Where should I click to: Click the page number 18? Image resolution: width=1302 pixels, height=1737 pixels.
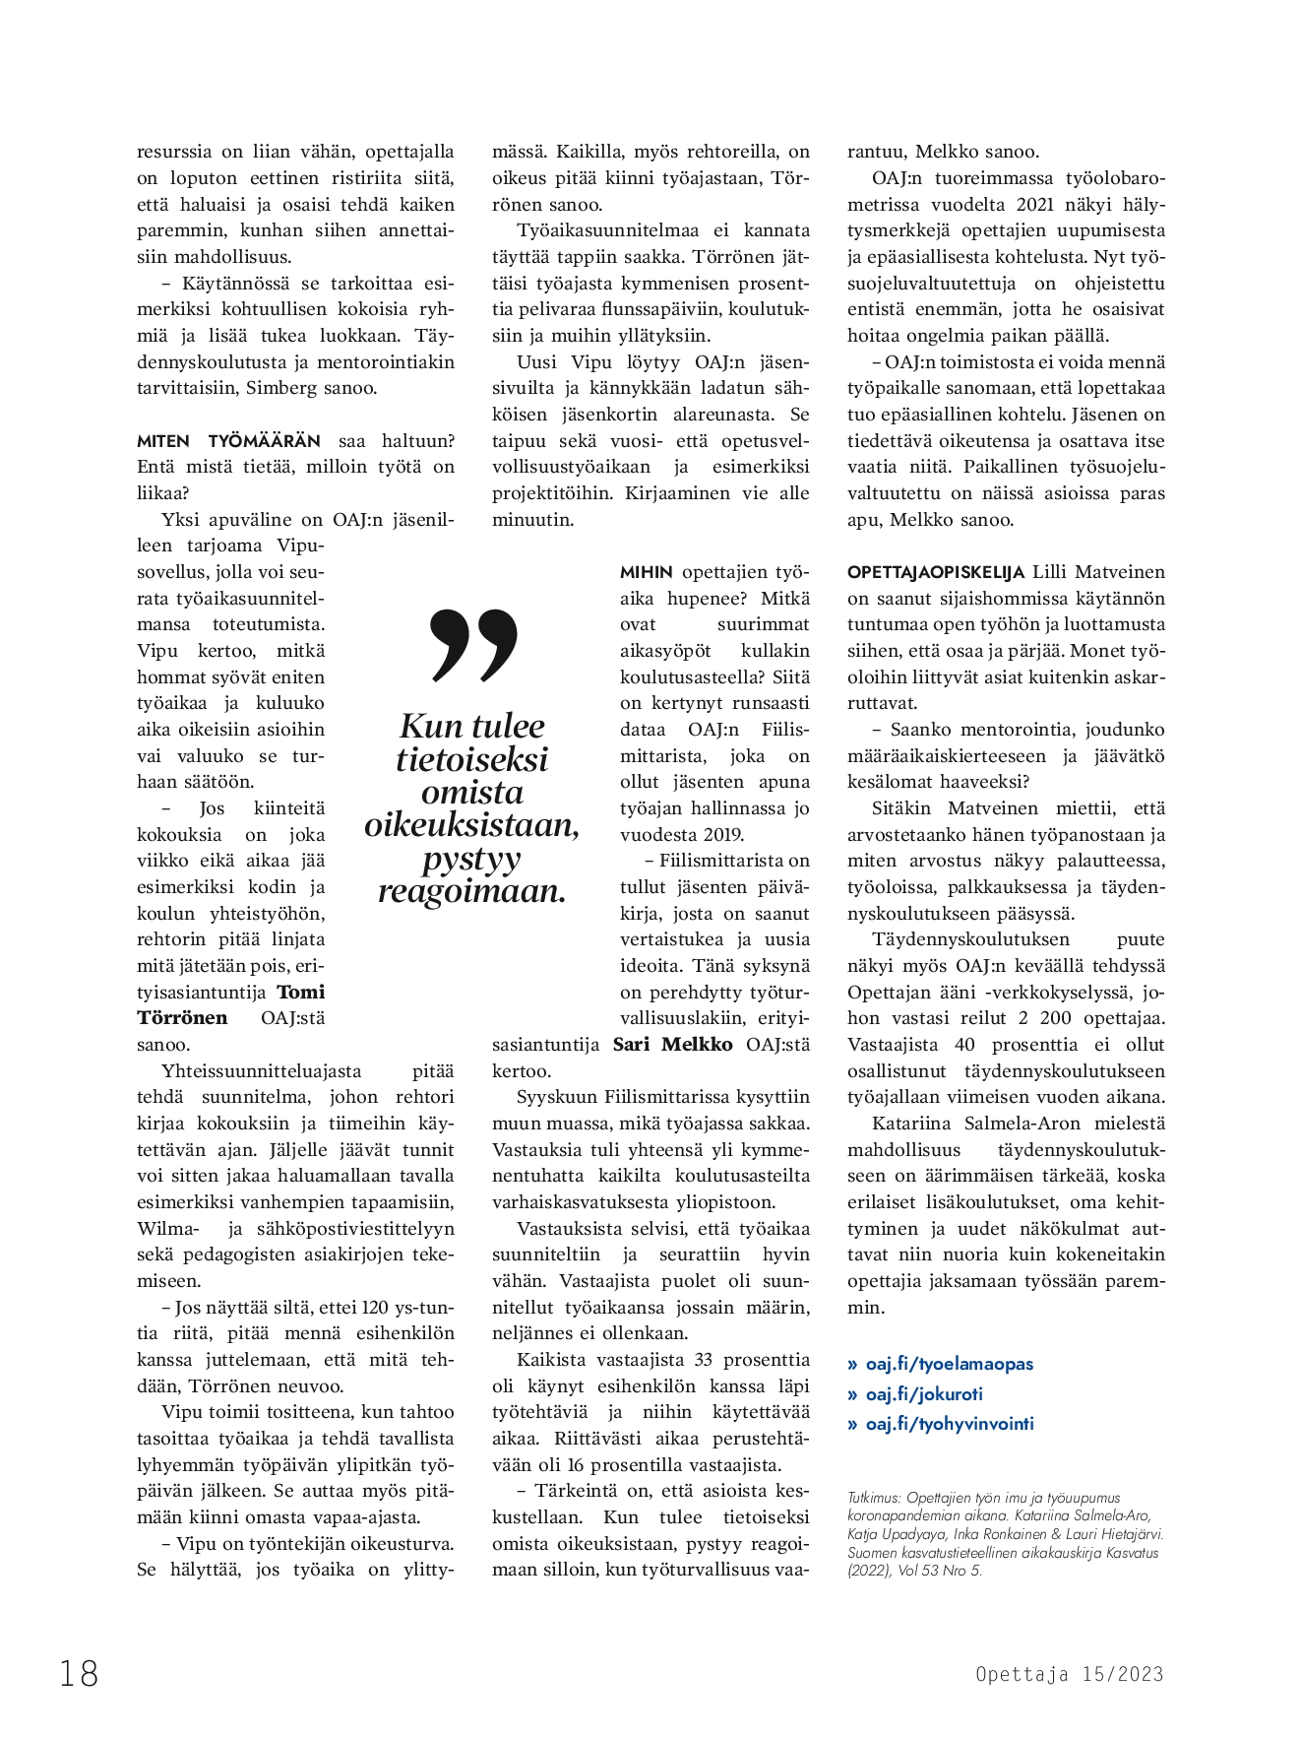[x=80, y=1673]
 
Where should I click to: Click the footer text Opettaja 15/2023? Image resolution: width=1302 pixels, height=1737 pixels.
[x=1070, y=1674]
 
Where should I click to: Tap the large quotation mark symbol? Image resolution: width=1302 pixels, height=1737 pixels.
[x=473, y=645]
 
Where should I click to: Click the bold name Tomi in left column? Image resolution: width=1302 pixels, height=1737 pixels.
[x=301, y=992]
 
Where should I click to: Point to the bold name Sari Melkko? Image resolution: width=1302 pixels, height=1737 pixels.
[x=673, y=1045]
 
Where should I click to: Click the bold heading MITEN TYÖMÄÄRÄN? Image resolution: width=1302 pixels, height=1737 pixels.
[x=228, y=440]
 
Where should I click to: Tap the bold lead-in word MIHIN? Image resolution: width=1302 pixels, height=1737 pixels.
[x=647, y=572]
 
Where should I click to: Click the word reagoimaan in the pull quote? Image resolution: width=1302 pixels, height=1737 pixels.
[x=472, y=892]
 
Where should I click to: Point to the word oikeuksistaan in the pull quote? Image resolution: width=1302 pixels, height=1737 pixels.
[x=472, y=825]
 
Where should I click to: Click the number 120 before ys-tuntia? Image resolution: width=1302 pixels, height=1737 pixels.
[x=376, y=1308]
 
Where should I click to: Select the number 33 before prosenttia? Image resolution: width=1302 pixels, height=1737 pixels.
[x=703, y=1360]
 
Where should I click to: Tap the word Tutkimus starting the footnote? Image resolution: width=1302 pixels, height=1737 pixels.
[x=872, y=1497]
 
